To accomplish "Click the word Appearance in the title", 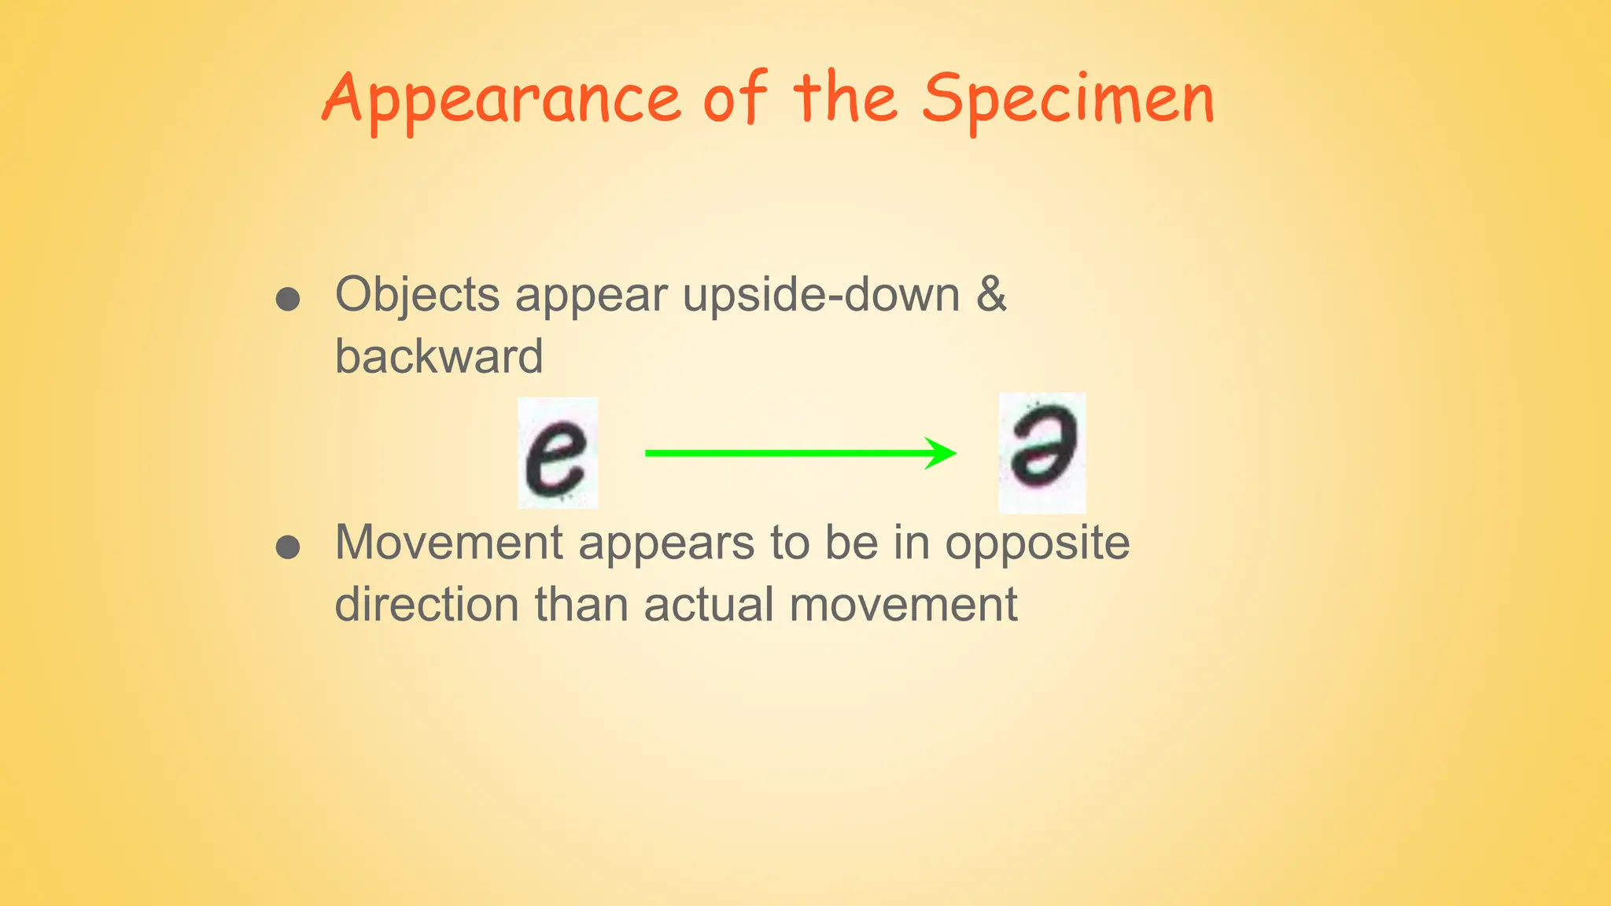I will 502,100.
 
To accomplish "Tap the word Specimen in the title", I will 1068,100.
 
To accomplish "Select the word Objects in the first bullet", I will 418,296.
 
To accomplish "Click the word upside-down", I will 821,296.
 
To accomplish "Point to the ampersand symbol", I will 991,294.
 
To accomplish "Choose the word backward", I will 439,356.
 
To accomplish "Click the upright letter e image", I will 557,453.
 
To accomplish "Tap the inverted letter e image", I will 1041,452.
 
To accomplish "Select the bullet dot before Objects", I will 288,300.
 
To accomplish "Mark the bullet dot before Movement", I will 288,547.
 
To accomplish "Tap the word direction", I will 426,605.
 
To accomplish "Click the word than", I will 581,605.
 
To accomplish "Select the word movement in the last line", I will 903,606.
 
